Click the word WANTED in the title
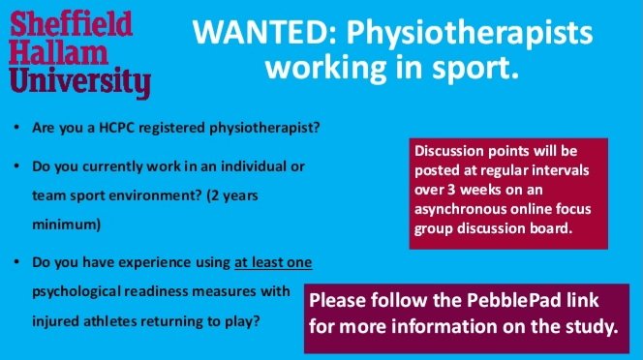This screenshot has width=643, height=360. coord(248,33)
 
